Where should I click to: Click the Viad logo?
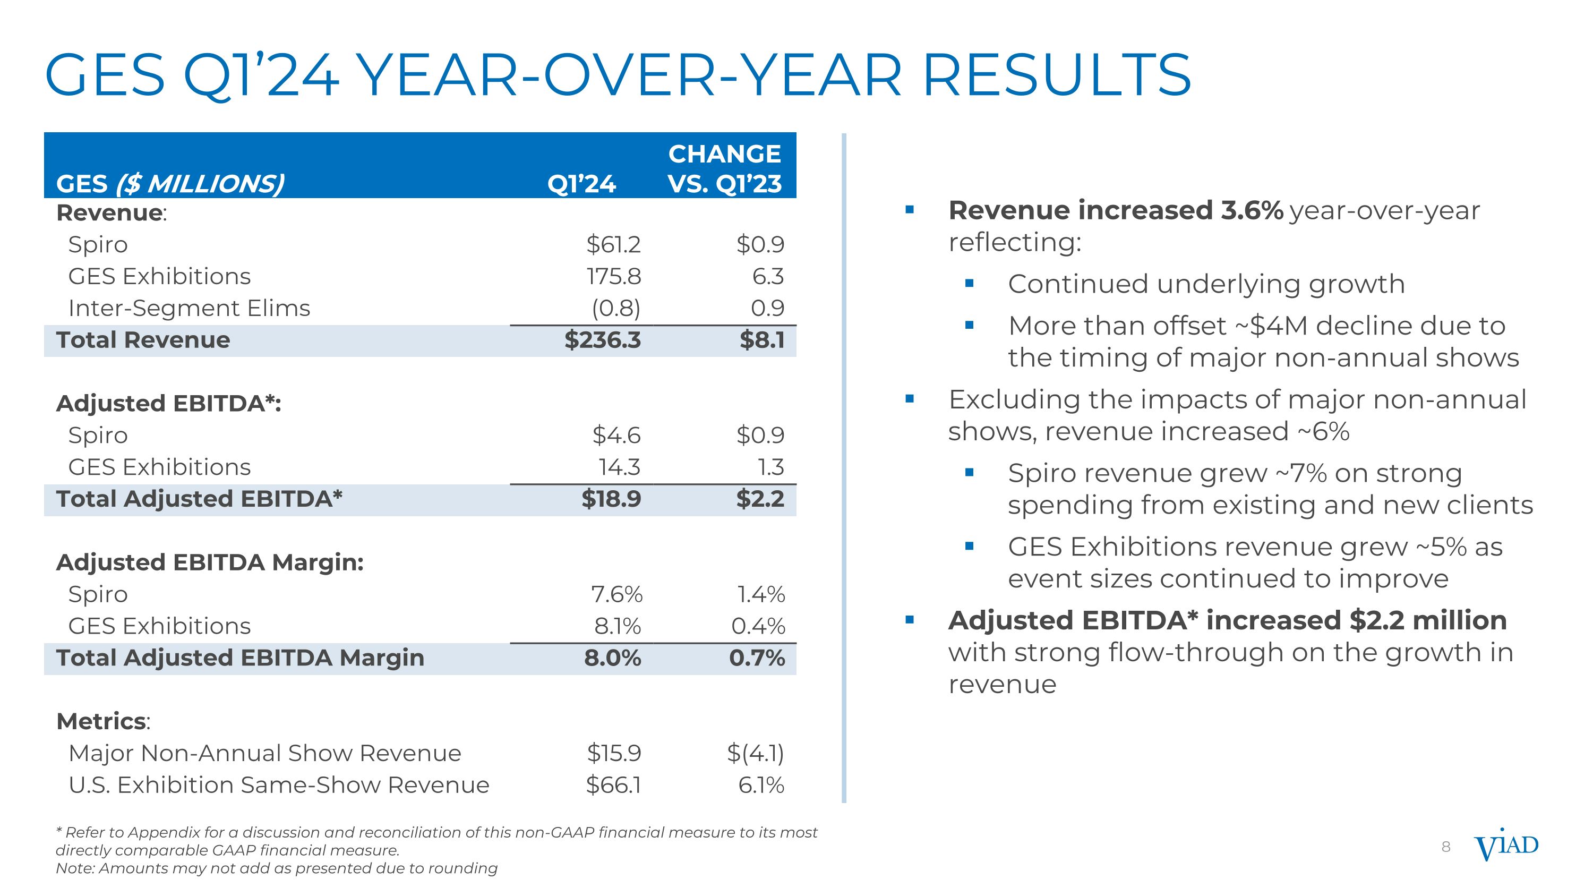[1506, 846]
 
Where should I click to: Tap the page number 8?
[1446, 847]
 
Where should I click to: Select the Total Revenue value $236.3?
[602, 340]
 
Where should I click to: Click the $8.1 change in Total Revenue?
[762, 340]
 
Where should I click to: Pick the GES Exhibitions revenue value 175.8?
[613, 276]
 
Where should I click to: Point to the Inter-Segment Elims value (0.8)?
[616, 308]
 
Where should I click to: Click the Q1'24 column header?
[581, 184]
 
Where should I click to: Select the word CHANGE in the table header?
[724, 154]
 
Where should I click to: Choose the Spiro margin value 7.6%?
[616, 594]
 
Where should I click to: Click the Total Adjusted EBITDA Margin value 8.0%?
[612, 658]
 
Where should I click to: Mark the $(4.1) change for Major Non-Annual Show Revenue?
[755, 753]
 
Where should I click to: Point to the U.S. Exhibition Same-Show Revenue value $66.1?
[613, 786]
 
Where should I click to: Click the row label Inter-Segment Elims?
[189, 308]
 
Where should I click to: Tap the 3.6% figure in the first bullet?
[1252, 211]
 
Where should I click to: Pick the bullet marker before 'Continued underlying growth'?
[969, 284]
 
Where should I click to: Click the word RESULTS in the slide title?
[1056, 75]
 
